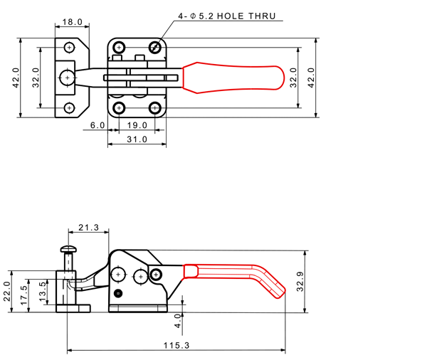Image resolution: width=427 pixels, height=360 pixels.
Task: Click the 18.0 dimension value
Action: [x=73, y=22]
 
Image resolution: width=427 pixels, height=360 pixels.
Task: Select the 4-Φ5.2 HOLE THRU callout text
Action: [x=221, y=15]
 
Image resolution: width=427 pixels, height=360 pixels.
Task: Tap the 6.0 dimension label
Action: [x=97, y=125]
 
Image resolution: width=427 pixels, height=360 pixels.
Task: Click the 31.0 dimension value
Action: [x=137, y=139]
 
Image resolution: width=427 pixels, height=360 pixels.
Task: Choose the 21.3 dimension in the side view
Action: [x=89, y=228]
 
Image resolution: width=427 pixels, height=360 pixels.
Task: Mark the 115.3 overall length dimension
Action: [x=176, y=344]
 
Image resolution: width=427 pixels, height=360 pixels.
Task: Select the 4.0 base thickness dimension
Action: [x=179, y=322]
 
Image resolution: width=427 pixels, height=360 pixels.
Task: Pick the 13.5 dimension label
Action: [x=42, y=291]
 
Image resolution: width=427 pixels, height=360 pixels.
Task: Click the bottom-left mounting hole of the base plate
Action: [x=118, y=107]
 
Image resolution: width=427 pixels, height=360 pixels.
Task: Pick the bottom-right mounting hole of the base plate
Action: [x=155, y=107]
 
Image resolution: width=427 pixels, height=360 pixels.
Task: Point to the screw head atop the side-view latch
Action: [x=69, y=248]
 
